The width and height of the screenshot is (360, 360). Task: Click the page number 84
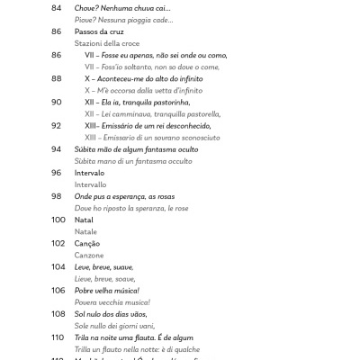(x=57, y=8)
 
